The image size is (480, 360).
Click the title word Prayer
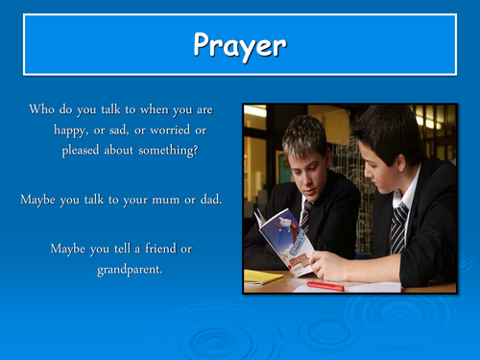[x=240, y=44]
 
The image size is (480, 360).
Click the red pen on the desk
[x=324, y=285]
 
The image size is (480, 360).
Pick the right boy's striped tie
[x=398, y=228]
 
